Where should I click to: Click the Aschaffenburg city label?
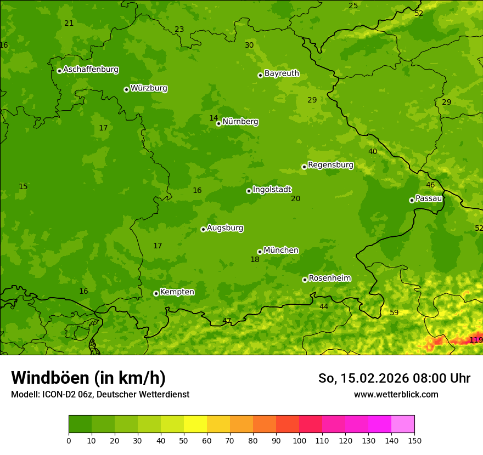click(91, 70)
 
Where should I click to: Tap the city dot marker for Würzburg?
click(126, 89)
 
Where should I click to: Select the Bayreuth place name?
click(282, 73)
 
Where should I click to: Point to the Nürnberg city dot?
click(218, 123)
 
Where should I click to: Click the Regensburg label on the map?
click(330, 165)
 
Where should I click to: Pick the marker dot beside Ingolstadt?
click(249, 191)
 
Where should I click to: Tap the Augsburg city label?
click(225, 228)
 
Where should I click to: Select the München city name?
click(281, 251)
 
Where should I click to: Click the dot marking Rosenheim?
click(305, 280)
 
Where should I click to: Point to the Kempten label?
click(177, 292)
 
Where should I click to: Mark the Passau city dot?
click(412, 200)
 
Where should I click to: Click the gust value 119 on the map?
click(476, 340)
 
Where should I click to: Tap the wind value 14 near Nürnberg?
click(214, 118)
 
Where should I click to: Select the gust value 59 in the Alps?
click(394, 312)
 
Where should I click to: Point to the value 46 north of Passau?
click(430, 185)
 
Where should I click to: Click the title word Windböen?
click(50, 378)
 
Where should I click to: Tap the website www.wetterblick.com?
click(396, 394)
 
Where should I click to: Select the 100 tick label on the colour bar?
click(299, 440)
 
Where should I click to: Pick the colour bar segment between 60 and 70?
click(218, 424)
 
